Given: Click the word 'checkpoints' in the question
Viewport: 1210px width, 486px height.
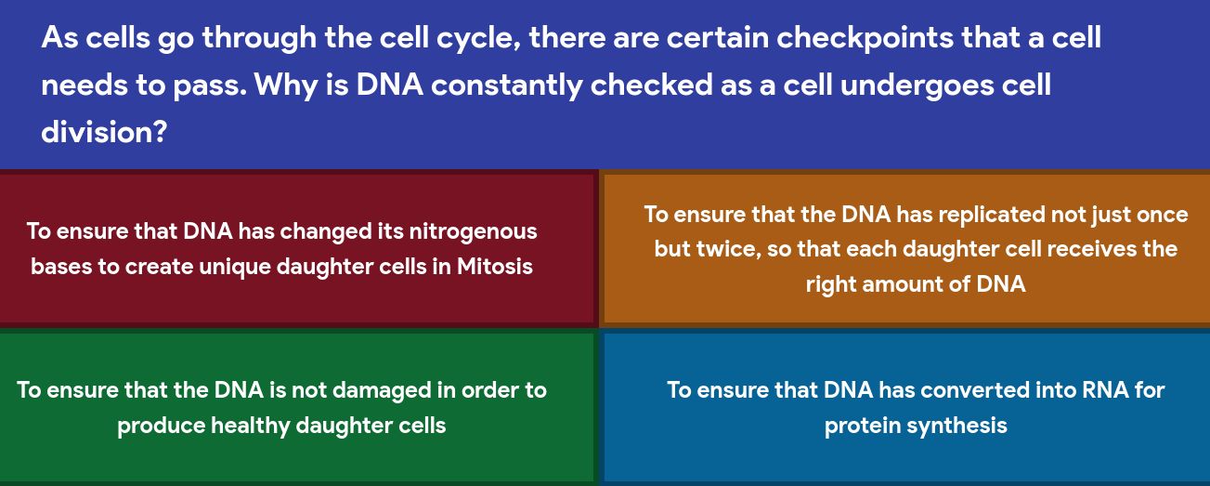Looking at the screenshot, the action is point(865,38).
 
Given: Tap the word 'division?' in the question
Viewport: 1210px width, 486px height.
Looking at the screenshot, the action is point(104,132).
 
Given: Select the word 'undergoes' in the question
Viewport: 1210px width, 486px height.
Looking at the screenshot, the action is point(917,85).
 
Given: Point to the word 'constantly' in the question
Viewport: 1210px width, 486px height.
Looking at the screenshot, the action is point(507,85).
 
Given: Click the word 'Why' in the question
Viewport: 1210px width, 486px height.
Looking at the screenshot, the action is point(286,85).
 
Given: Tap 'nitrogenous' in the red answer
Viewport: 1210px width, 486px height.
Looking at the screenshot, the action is point(474,232).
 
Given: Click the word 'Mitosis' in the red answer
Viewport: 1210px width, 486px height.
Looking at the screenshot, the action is point(495,266).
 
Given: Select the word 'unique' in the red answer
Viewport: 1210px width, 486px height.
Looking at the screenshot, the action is point(234,267).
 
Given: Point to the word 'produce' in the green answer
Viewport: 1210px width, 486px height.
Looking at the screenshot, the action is point(161,426).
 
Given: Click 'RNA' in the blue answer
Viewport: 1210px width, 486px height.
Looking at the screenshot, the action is point(1102,390).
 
